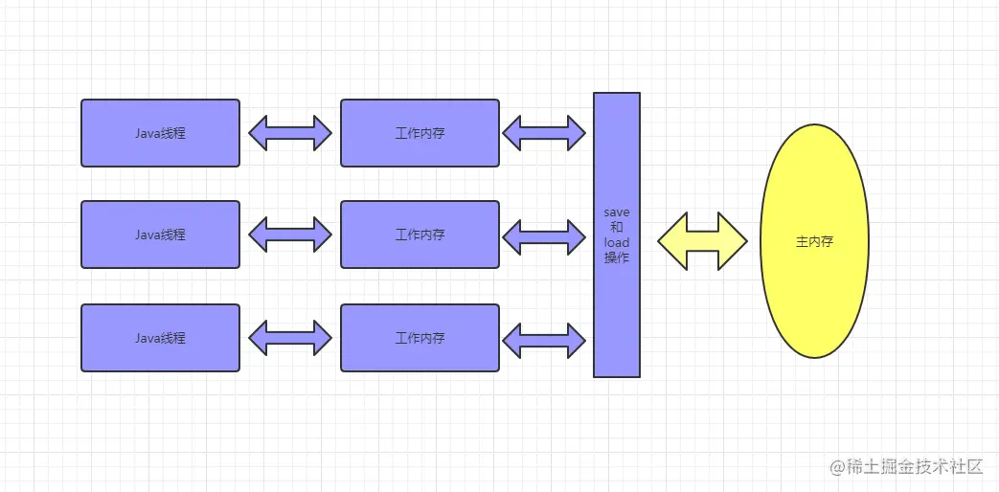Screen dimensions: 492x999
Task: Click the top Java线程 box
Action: click(160, 133)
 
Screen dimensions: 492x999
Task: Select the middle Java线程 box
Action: click(160, 235)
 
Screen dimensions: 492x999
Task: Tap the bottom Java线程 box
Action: click(160, 338)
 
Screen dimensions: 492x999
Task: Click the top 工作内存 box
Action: click(420, 133)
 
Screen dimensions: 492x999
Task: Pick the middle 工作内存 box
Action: click(420, 235)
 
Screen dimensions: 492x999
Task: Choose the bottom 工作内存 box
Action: click(420, 338)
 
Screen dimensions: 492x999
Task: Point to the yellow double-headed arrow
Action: click(702, 240)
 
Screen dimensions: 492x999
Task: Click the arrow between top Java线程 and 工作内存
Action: click(290, 132)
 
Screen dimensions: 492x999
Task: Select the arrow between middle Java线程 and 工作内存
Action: click(290, 235)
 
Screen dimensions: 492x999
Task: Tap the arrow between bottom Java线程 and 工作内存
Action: click(290, 338)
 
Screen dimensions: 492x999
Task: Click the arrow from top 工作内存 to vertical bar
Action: click(544, 133)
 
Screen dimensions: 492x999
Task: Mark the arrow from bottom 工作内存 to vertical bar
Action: click(544, 338)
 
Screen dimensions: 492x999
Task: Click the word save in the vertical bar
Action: click(617, 212)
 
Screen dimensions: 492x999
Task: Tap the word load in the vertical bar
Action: click(617, 243)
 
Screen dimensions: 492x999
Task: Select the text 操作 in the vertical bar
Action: click(617, 258)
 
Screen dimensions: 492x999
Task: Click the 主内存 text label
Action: click(814, 242)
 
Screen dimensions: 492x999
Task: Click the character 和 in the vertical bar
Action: click(617, 228)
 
